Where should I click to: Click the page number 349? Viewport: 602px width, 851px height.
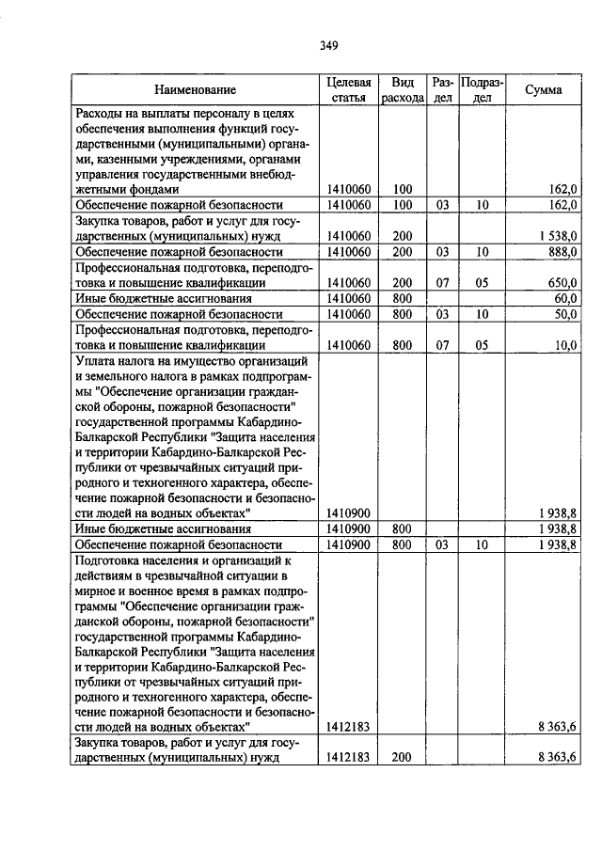pos(328,45)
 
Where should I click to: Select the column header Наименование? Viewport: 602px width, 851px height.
pos(196,90)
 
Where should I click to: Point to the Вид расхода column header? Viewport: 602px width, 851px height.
pos(403,90)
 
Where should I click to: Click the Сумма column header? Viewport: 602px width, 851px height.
pos(544,90)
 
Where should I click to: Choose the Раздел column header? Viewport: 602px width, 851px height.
pos(443,90)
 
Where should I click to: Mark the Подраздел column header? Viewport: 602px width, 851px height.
pos(483,90)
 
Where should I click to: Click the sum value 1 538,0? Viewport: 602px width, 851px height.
pos(556,235)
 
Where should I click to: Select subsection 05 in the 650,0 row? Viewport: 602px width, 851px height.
pos(483,282)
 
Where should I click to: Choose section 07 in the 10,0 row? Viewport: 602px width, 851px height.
pos(443,344)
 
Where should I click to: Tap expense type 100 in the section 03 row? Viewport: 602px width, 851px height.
pos(403,204)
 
